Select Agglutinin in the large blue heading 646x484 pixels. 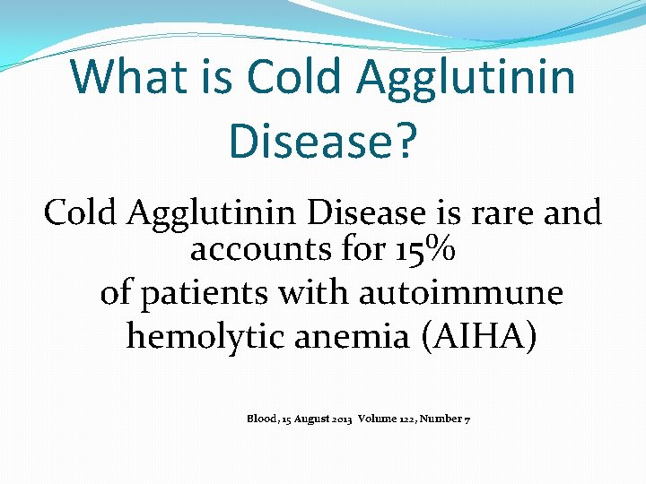[466, 76]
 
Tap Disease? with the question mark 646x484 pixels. [323, 141]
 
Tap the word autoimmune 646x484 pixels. [461, 293]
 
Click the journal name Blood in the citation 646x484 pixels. [262, 419]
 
